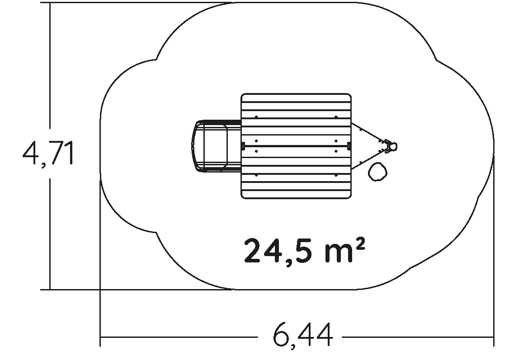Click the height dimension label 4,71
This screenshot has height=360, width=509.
(48, 153)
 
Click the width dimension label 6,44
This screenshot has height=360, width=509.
(303, 336)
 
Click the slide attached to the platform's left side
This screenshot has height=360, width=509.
(217, 146)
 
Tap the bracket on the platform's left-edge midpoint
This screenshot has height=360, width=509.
(243, 146)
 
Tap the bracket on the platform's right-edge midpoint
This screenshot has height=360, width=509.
(349, 146)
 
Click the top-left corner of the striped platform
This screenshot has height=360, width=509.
(241, 94)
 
